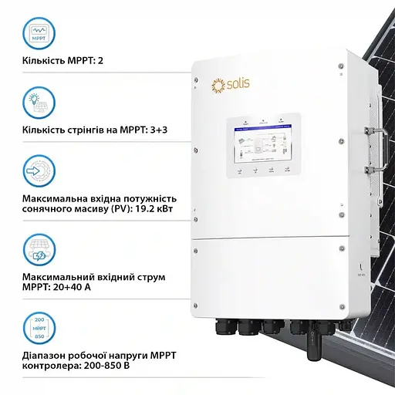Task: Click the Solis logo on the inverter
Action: click(230, 83)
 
